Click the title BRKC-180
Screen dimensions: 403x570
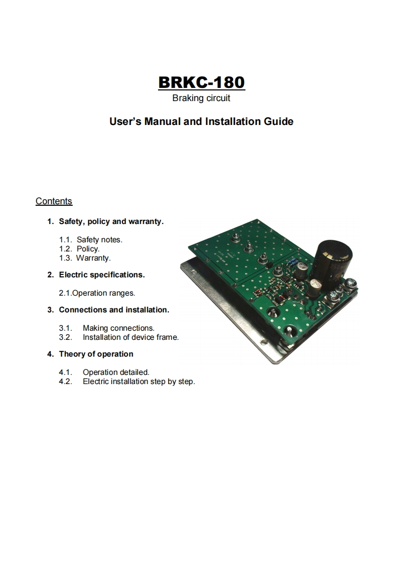point(201,82)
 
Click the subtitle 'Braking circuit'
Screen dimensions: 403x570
point(201,98)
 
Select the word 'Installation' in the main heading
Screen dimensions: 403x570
point(233,121)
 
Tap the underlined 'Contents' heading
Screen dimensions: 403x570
point(54,201)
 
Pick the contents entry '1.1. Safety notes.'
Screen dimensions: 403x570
point(91,240)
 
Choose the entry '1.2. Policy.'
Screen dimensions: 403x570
point(79,248)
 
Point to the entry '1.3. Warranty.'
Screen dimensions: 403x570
point(85,258)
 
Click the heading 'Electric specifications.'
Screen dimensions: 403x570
point(102,275)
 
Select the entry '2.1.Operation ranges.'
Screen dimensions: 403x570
point(97,293)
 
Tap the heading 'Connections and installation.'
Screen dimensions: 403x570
point(114,310)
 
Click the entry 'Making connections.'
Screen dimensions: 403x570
point(118,328)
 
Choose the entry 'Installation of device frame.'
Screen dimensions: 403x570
point(131,337)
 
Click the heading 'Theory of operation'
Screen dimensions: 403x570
point(96,354)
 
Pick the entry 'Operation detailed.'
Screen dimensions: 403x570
point(116,372)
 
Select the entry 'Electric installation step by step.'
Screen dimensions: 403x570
point(139,382)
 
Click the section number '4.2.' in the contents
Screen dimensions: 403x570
point(66,382)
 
